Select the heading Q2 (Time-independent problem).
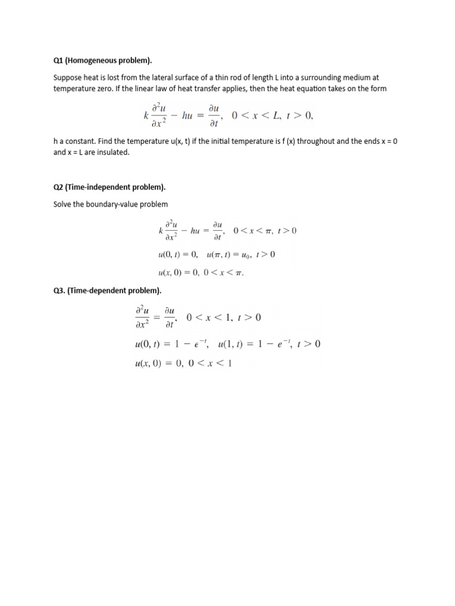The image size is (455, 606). (110, 187)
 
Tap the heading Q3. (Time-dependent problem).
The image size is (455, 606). (107, 291)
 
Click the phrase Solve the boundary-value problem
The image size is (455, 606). (111, 204)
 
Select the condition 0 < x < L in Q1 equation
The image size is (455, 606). (257, 115)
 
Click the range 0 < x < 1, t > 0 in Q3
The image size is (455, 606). (223, 317)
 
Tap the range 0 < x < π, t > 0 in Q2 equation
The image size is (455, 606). (265, 230)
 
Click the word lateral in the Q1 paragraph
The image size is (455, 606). (200, 78)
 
